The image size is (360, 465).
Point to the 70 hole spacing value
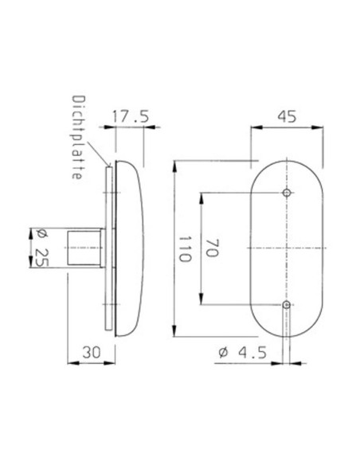(212, 249)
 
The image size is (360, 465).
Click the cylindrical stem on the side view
(84, 248)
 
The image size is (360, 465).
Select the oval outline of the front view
(252, 249)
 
